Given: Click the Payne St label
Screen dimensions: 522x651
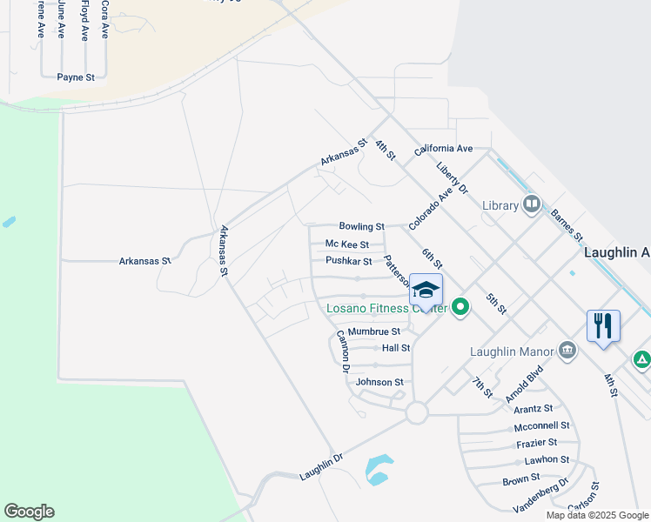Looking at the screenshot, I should (76, 77).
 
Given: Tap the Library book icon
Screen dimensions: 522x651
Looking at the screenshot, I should (532, 205).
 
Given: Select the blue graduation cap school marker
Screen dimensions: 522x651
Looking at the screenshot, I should (426, 291).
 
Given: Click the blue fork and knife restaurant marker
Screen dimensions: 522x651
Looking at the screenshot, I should (603, 326).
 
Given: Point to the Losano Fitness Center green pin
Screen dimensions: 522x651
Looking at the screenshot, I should (460, 307).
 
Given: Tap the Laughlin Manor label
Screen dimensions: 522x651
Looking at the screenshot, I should (512, 351).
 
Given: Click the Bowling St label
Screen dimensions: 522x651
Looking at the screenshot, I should (361, 226).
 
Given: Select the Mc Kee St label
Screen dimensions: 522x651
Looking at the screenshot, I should (347, 244).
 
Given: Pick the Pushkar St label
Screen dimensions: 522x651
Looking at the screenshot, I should (348, 261).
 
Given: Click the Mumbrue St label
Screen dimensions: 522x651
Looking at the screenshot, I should (374, 331).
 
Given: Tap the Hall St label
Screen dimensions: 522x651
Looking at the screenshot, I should (396, 348).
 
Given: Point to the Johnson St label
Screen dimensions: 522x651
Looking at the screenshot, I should (380, 382).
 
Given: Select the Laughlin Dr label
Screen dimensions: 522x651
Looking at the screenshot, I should (321, 466).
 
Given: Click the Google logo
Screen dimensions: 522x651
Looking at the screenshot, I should (29, 512).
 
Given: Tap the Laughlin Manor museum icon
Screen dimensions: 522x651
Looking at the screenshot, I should (567, 350).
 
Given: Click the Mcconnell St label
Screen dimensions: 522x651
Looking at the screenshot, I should (541, 426).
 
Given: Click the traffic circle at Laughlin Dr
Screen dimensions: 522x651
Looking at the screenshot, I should (417, 412).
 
